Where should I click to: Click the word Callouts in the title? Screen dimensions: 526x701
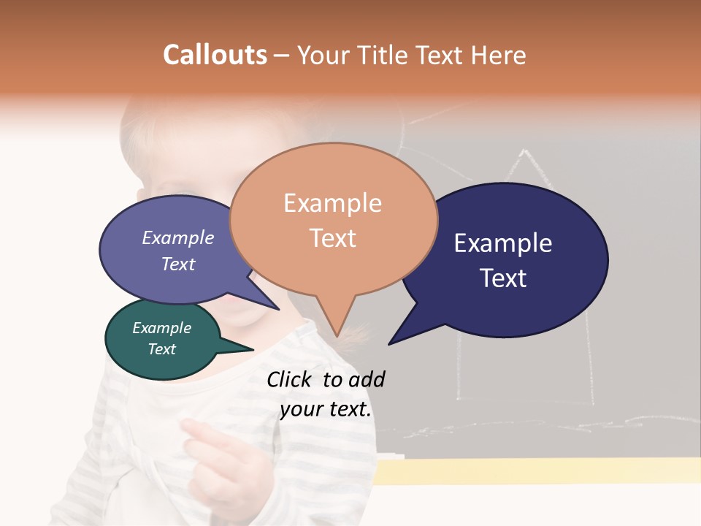pyautogui.click(x=215, y=55)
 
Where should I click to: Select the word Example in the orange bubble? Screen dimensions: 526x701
pyautogui.click(x=332, y=203)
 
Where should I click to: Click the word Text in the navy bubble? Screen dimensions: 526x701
pyautogui.click(x=503, y=278)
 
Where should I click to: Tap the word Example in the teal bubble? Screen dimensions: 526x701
pyautogui.click(x=161, y=328)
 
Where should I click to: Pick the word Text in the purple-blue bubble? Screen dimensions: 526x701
pyautogui.click(x=177, y=264)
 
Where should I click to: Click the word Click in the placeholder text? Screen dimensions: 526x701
pyautogui.click(x=291, y=379)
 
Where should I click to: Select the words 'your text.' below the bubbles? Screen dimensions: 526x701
pyautogui.click(x=326, y=409)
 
